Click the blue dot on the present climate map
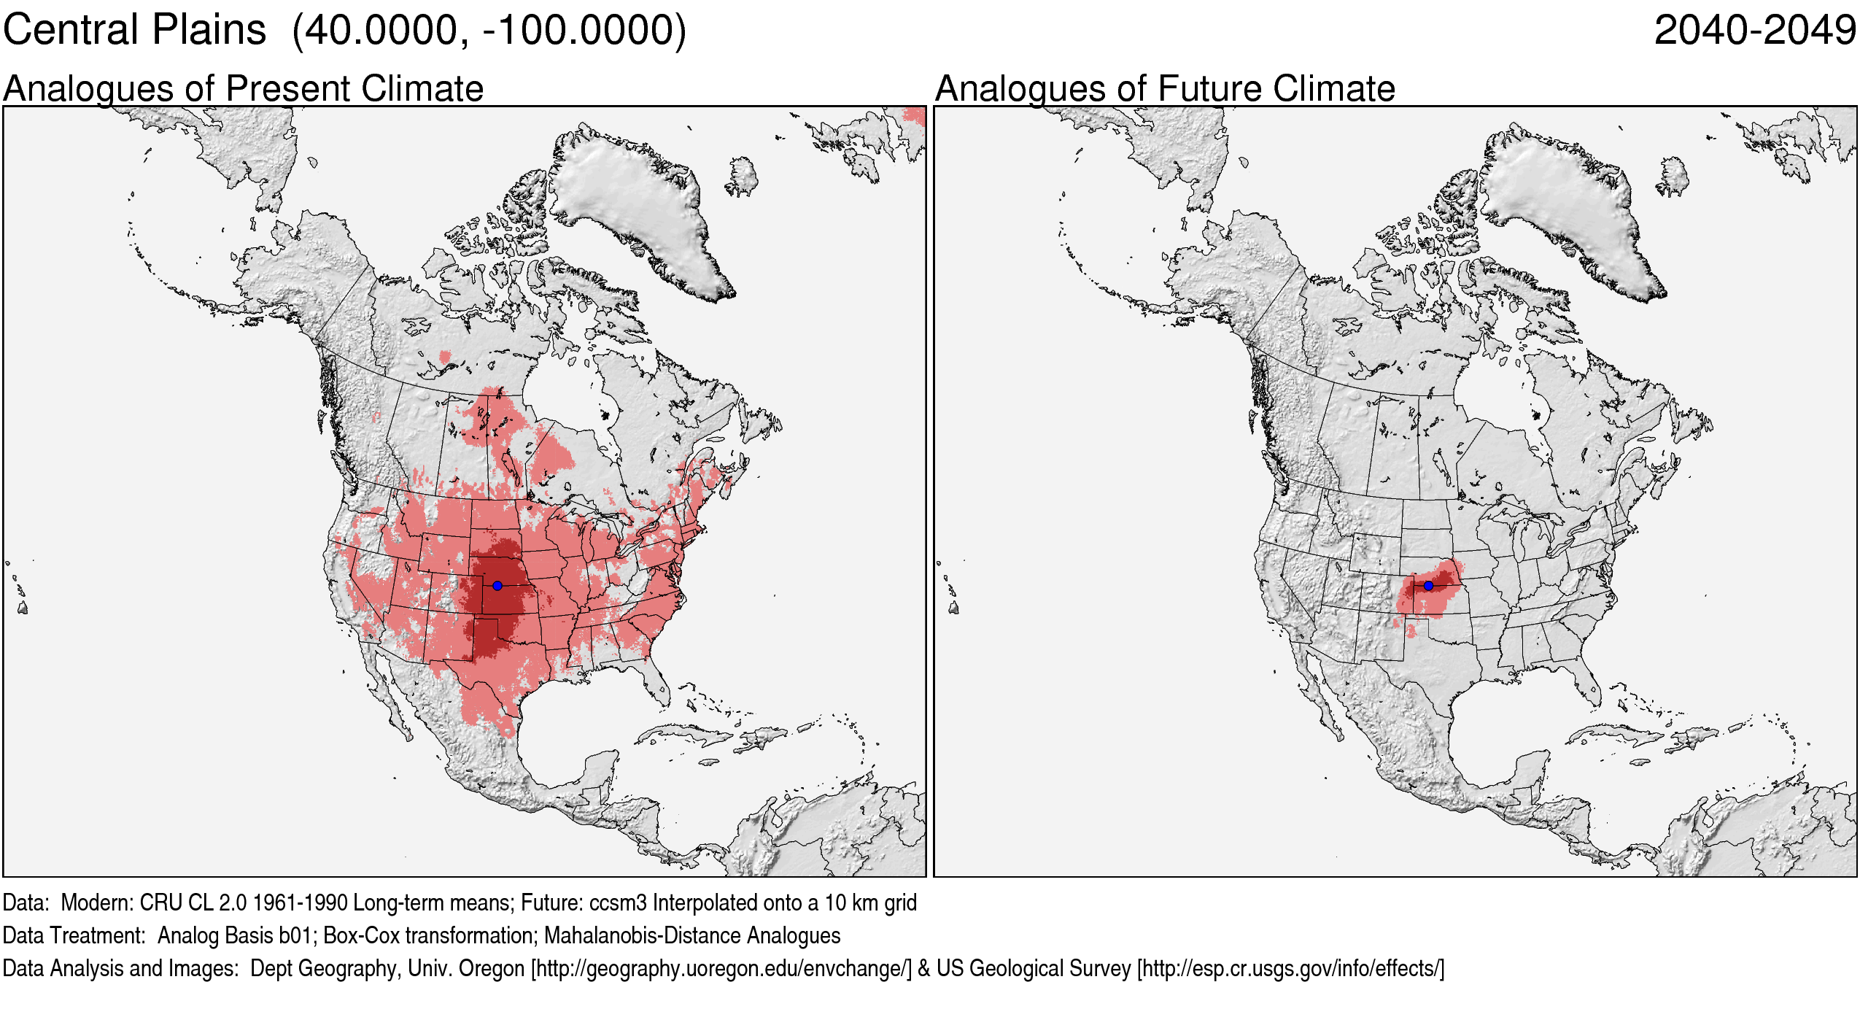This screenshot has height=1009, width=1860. (497, 585)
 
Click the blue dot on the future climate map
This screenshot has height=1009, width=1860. (1428, 585)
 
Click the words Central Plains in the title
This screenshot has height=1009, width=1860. (134, 31)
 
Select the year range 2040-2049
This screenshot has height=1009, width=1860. (1754, 31)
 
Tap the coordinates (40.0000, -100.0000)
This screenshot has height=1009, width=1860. (489, 31)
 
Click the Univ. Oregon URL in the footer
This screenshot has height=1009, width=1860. (721, 968)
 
